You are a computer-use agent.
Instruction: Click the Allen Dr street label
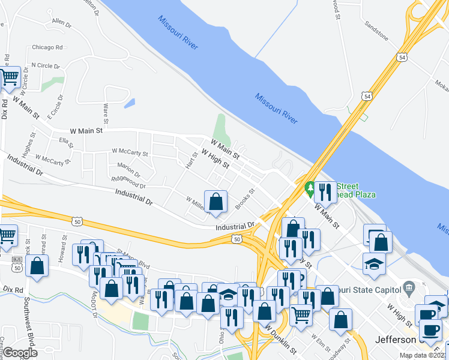pyautogui.click(x=61, y=23)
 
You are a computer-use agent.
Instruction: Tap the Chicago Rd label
pyautogui.click(x=47, y=47)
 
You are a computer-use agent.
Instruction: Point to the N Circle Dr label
pyautogui.click(x=43, y=65)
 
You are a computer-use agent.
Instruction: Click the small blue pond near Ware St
pyautogui.click(x=129, y=103)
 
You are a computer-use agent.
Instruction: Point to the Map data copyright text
pyautogui.click(x=423, y=355)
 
